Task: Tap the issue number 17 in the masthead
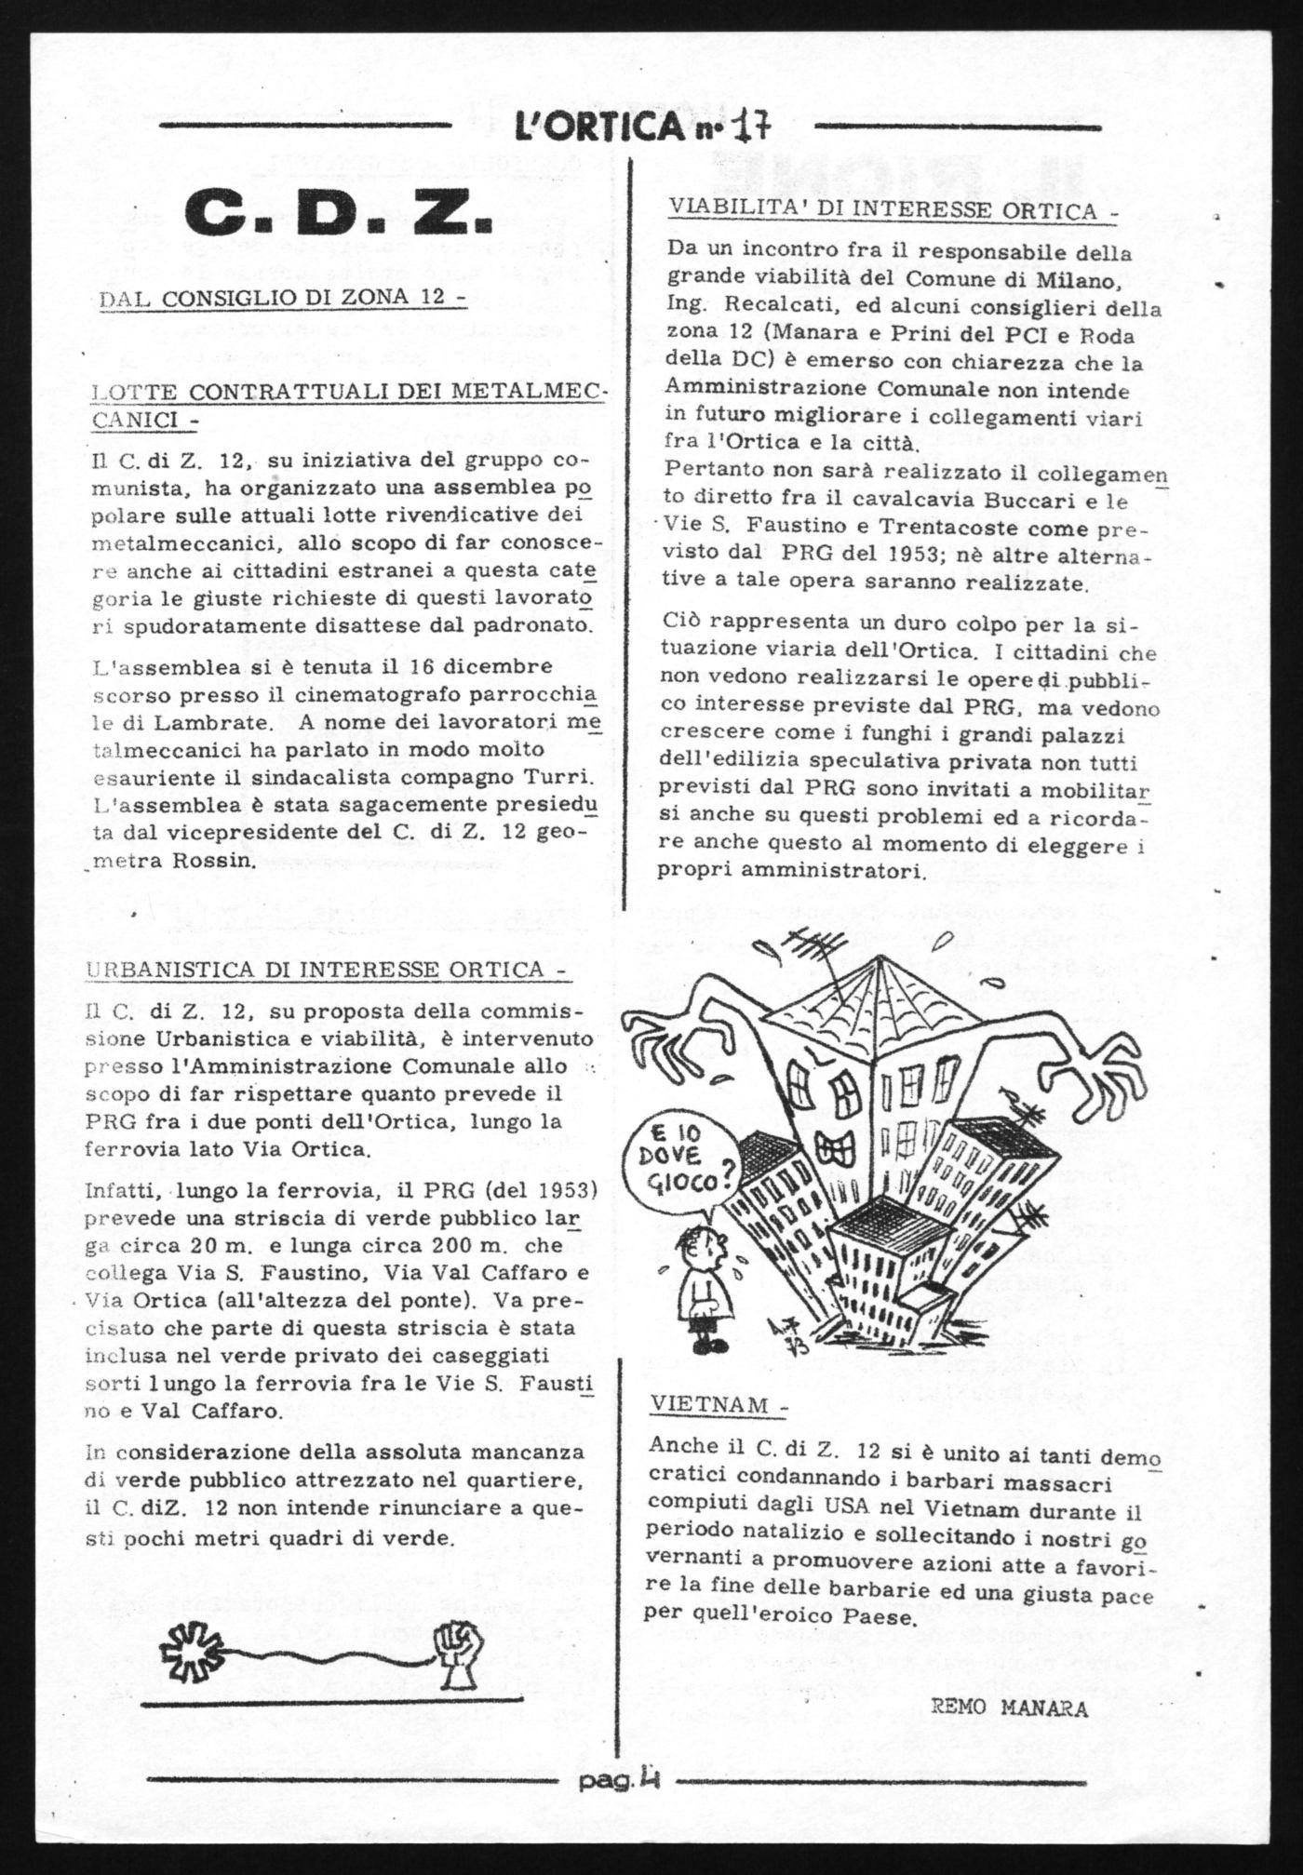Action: tap(754, 125)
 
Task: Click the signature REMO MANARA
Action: tap(1009, 1708)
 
